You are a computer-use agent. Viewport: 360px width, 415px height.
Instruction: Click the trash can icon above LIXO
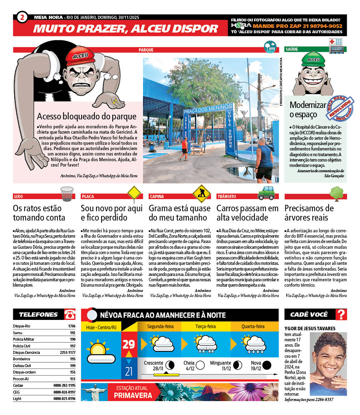click(66, 194)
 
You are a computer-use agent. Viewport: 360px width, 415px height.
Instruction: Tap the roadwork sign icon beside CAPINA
click(202, 194)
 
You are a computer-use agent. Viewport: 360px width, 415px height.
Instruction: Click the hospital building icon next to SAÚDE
click(336, 46)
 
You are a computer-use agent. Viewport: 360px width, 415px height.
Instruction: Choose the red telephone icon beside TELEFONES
click(70, 315)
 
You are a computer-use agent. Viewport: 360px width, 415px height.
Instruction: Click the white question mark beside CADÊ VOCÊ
click(342, 315)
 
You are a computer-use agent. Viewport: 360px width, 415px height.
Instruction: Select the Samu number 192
click(73, 332)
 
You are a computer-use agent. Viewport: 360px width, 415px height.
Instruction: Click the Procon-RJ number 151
click(73, 379)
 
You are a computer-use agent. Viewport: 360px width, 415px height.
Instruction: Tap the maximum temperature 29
click(129, 344)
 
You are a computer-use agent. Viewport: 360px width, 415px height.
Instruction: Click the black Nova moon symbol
click(266, 365)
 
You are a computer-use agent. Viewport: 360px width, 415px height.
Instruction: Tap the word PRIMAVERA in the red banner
click(133, 395)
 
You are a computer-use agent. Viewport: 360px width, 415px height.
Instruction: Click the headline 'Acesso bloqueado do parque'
click(87, 117)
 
